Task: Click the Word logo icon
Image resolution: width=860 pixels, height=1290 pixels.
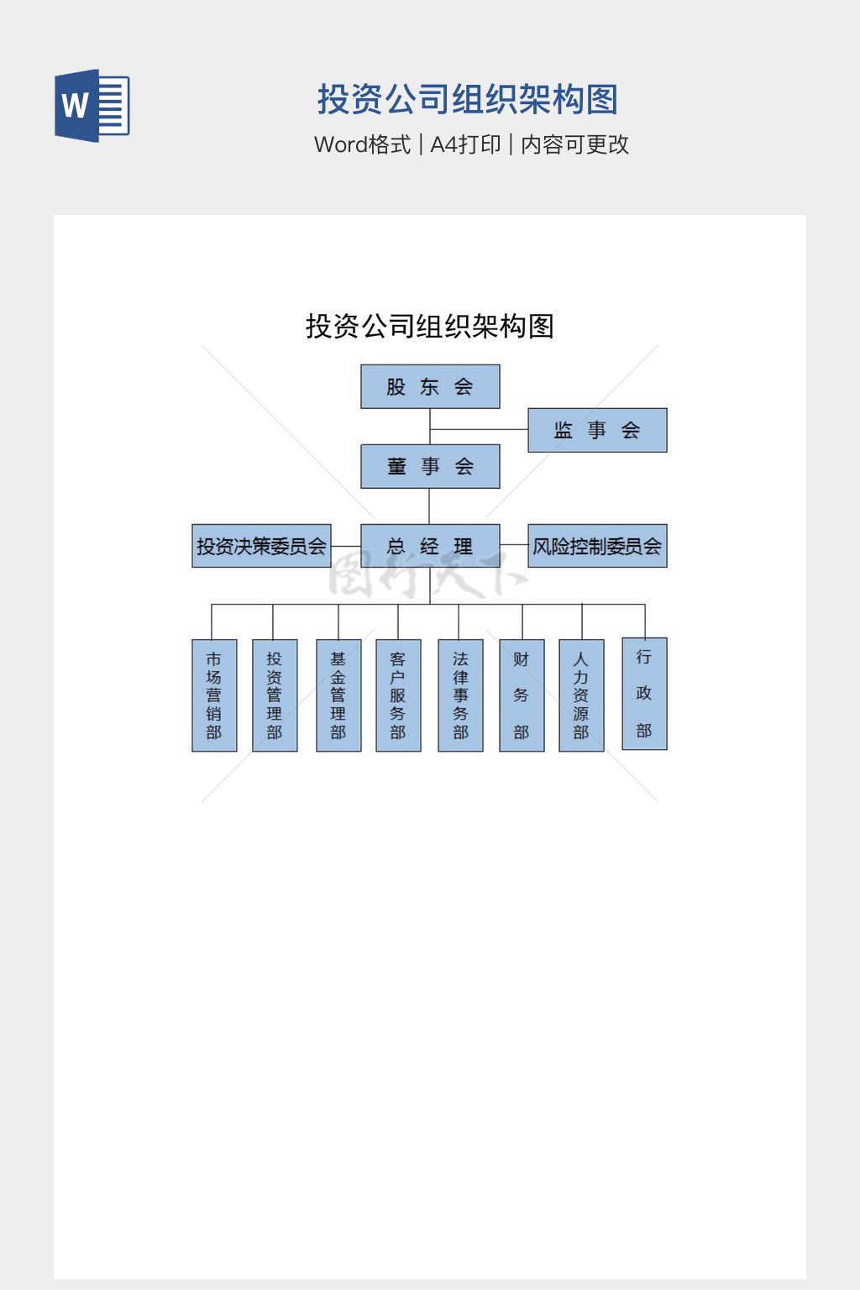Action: coord(92,106)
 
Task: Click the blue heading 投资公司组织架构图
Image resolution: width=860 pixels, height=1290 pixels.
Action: coord(467,99)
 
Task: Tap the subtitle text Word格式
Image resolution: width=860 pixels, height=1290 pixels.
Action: coord(362,144)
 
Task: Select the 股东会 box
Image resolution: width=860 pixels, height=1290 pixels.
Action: coord(430,386)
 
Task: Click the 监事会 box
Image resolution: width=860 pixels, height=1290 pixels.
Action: coord(597,430)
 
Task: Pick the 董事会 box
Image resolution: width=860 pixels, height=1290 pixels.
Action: coord(430,466)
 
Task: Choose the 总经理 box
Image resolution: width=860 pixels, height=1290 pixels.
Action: coord(430,546)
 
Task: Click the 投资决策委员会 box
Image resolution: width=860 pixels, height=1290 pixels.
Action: coord(261,546)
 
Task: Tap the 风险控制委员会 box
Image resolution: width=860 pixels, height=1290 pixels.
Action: coord(597,546)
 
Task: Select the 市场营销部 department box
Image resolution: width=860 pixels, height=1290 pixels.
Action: coord(214,695)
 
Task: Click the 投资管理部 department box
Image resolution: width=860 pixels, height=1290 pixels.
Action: coord(275,695)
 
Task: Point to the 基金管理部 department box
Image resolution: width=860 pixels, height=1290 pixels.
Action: coord(338,695)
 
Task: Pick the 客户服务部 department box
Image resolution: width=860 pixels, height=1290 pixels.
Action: coord(398,695)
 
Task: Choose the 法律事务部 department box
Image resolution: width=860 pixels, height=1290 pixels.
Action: coord(460,695)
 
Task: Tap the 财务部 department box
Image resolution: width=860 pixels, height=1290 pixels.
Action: coord(522,695)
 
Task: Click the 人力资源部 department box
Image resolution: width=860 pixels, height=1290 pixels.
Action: coord(581,695)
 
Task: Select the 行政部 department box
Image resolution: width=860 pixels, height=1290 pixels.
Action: coord(644,694)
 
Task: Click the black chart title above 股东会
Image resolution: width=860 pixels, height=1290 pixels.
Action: coord(430,326)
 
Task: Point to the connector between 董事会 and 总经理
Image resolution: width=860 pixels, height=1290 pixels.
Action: coord(429,506)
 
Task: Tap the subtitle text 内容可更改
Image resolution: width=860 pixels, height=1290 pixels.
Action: coord(574,144)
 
